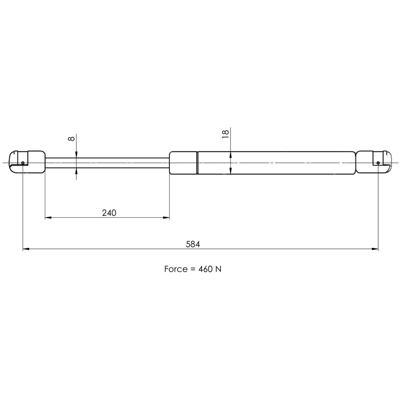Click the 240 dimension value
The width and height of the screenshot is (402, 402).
pyautogui.click(x=109, y=213)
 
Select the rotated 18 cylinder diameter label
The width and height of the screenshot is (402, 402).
pyautogui.click(x=225, y=133)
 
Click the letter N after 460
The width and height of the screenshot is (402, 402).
pyautogui.click(x=218, y=269)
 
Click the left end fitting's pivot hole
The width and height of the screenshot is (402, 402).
pyautogui.click(x=22, y=163)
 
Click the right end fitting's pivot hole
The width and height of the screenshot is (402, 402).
pyautogui.click(x=378, y=163)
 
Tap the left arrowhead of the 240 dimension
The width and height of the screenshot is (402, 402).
pyautogui.click(x=48, y=218)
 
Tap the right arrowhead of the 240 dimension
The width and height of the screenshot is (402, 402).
pyautogui.click(x=166, y=218)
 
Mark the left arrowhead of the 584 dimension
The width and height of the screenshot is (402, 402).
pyautogui.click(x=25, y=249)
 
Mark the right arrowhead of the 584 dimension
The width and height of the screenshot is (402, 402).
pyautogui.click(x=375, y=249)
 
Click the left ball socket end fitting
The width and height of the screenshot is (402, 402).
pyautogui.click(x=27, y=162)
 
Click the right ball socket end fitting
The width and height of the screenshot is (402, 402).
pyautogui.click(x=374, y=162)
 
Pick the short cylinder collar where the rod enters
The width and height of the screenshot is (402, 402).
pyautogui.click(x=183, y=163)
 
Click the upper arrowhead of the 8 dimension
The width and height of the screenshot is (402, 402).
pyautogui.click(x=77, y=154)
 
